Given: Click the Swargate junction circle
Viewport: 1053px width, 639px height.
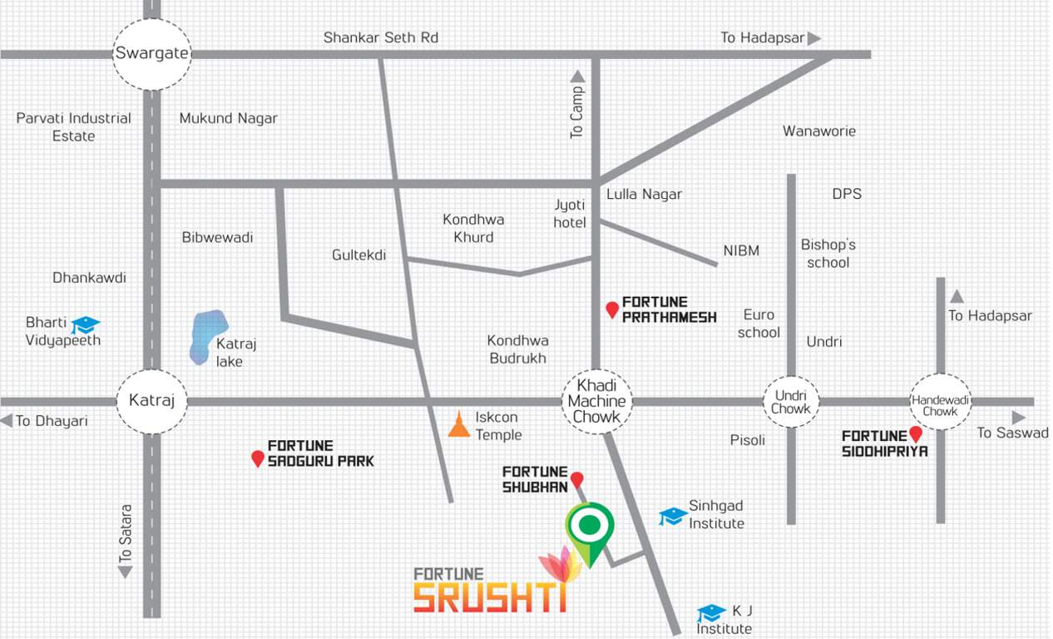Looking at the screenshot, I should point(152,54).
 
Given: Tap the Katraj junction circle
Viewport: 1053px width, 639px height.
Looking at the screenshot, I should point(151,401).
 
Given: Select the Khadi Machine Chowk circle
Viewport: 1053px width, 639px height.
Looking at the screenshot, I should point(596,401).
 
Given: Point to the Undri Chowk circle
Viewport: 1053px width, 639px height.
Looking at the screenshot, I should point(791,402).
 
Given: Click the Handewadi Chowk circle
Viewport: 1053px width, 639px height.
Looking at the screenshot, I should point(940,402).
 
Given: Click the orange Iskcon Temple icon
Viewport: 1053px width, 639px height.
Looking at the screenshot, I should point(457,424).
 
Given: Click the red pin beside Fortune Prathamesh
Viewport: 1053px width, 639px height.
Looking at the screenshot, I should point(612,310).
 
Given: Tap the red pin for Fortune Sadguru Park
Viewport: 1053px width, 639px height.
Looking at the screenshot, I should point(258,458).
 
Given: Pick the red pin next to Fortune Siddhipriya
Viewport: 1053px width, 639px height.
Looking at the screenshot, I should point(916,434).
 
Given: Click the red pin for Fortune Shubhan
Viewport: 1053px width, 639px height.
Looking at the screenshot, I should point(576,480).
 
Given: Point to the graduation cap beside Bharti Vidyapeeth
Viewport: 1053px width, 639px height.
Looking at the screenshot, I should point(85,324).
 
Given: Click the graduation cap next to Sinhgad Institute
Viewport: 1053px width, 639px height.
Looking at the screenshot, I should point(672,517).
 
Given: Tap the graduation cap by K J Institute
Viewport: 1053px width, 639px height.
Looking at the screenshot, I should point(711,613).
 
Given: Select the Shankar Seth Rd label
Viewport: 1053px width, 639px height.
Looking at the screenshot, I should point(380,37).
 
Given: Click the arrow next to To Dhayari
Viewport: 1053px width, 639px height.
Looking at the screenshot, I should point(6,421).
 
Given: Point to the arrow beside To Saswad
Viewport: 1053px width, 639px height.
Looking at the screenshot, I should point(1019,418).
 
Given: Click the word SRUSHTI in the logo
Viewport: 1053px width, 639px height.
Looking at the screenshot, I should point(490,597).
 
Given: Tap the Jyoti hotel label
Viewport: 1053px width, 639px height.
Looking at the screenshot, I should point(571,213).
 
